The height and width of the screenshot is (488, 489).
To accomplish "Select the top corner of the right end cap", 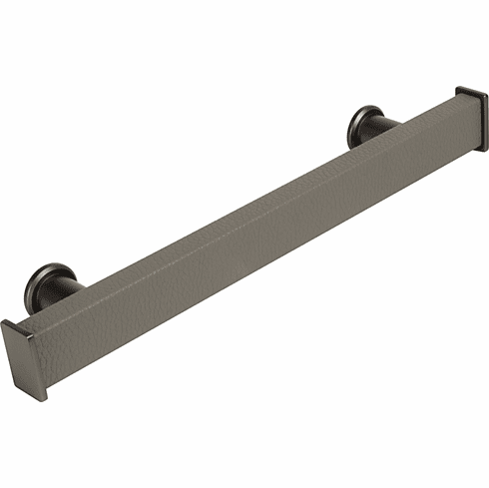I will click(460, 89).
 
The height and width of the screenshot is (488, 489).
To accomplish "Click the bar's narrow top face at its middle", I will click(240, 206).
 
